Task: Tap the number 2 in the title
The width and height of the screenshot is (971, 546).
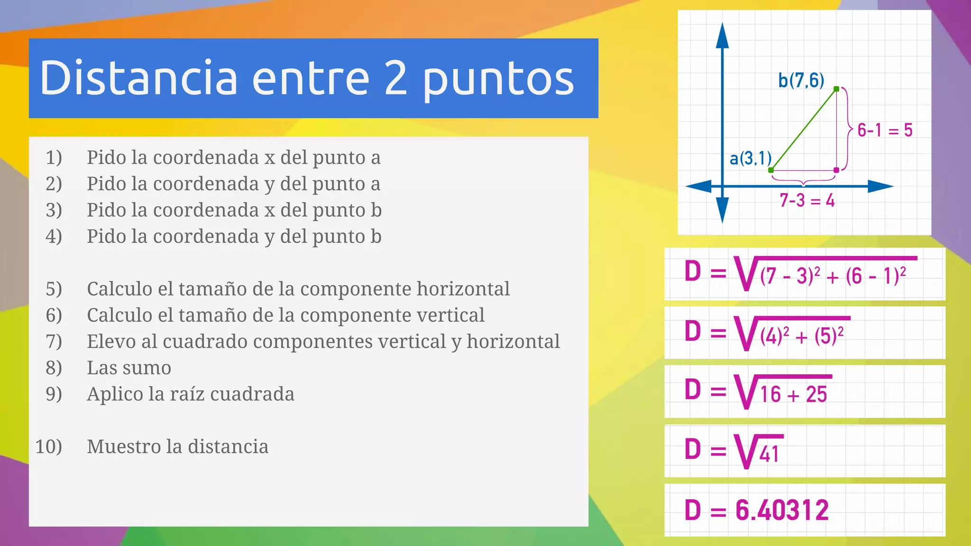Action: click(395, 78)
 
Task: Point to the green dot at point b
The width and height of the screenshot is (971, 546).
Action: click(836, 89)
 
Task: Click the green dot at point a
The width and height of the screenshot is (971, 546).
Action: click(771, 170)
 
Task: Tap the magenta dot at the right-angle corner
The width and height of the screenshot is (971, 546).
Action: click(836, 170)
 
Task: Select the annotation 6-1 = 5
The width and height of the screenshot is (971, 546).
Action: click(885, 130)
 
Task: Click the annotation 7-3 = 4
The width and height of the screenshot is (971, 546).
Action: click(807, 200)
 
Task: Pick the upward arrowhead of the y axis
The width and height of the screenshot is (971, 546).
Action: click(722, 35)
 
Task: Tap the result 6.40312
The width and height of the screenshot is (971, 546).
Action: click(782, 510)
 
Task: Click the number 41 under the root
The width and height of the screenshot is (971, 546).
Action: click(769, 455)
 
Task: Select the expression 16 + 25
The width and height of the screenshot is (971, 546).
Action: click(793, 394)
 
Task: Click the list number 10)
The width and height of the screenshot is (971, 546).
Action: click(49, 446)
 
